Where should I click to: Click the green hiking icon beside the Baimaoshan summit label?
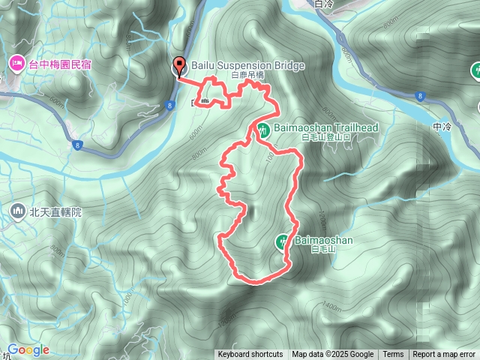(283, 241)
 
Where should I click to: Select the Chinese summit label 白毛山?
(321, 249)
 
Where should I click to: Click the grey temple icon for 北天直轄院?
(16, 212)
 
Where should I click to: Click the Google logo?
(28, 350)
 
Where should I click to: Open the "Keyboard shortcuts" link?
(250, 355)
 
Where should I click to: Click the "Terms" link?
(393, 355)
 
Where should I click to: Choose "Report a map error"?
(444, 355)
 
